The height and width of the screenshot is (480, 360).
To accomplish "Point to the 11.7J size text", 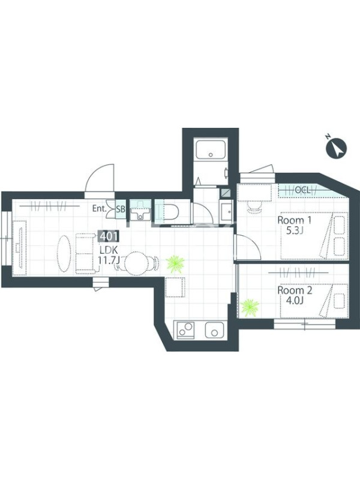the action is (x=109, y=260).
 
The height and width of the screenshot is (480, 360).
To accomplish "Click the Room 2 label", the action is (x=295, y=290).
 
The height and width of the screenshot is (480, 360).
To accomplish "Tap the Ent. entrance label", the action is (x=99, y=209).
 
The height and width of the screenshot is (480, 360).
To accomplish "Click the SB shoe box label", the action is (x=121, y=209).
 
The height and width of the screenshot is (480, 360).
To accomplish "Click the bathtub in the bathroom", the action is (x=211, y=149).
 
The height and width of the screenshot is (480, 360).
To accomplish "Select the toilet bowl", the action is (x=169, y=212).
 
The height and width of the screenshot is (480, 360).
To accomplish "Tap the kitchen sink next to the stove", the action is (x=215, y=330).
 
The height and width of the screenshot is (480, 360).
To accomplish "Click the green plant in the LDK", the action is (x=175, y=263).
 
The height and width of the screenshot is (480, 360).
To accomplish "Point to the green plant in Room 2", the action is (x=250, y=308).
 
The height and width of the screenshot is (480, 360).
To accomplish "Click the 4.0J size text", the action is (x=295, y=301).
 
